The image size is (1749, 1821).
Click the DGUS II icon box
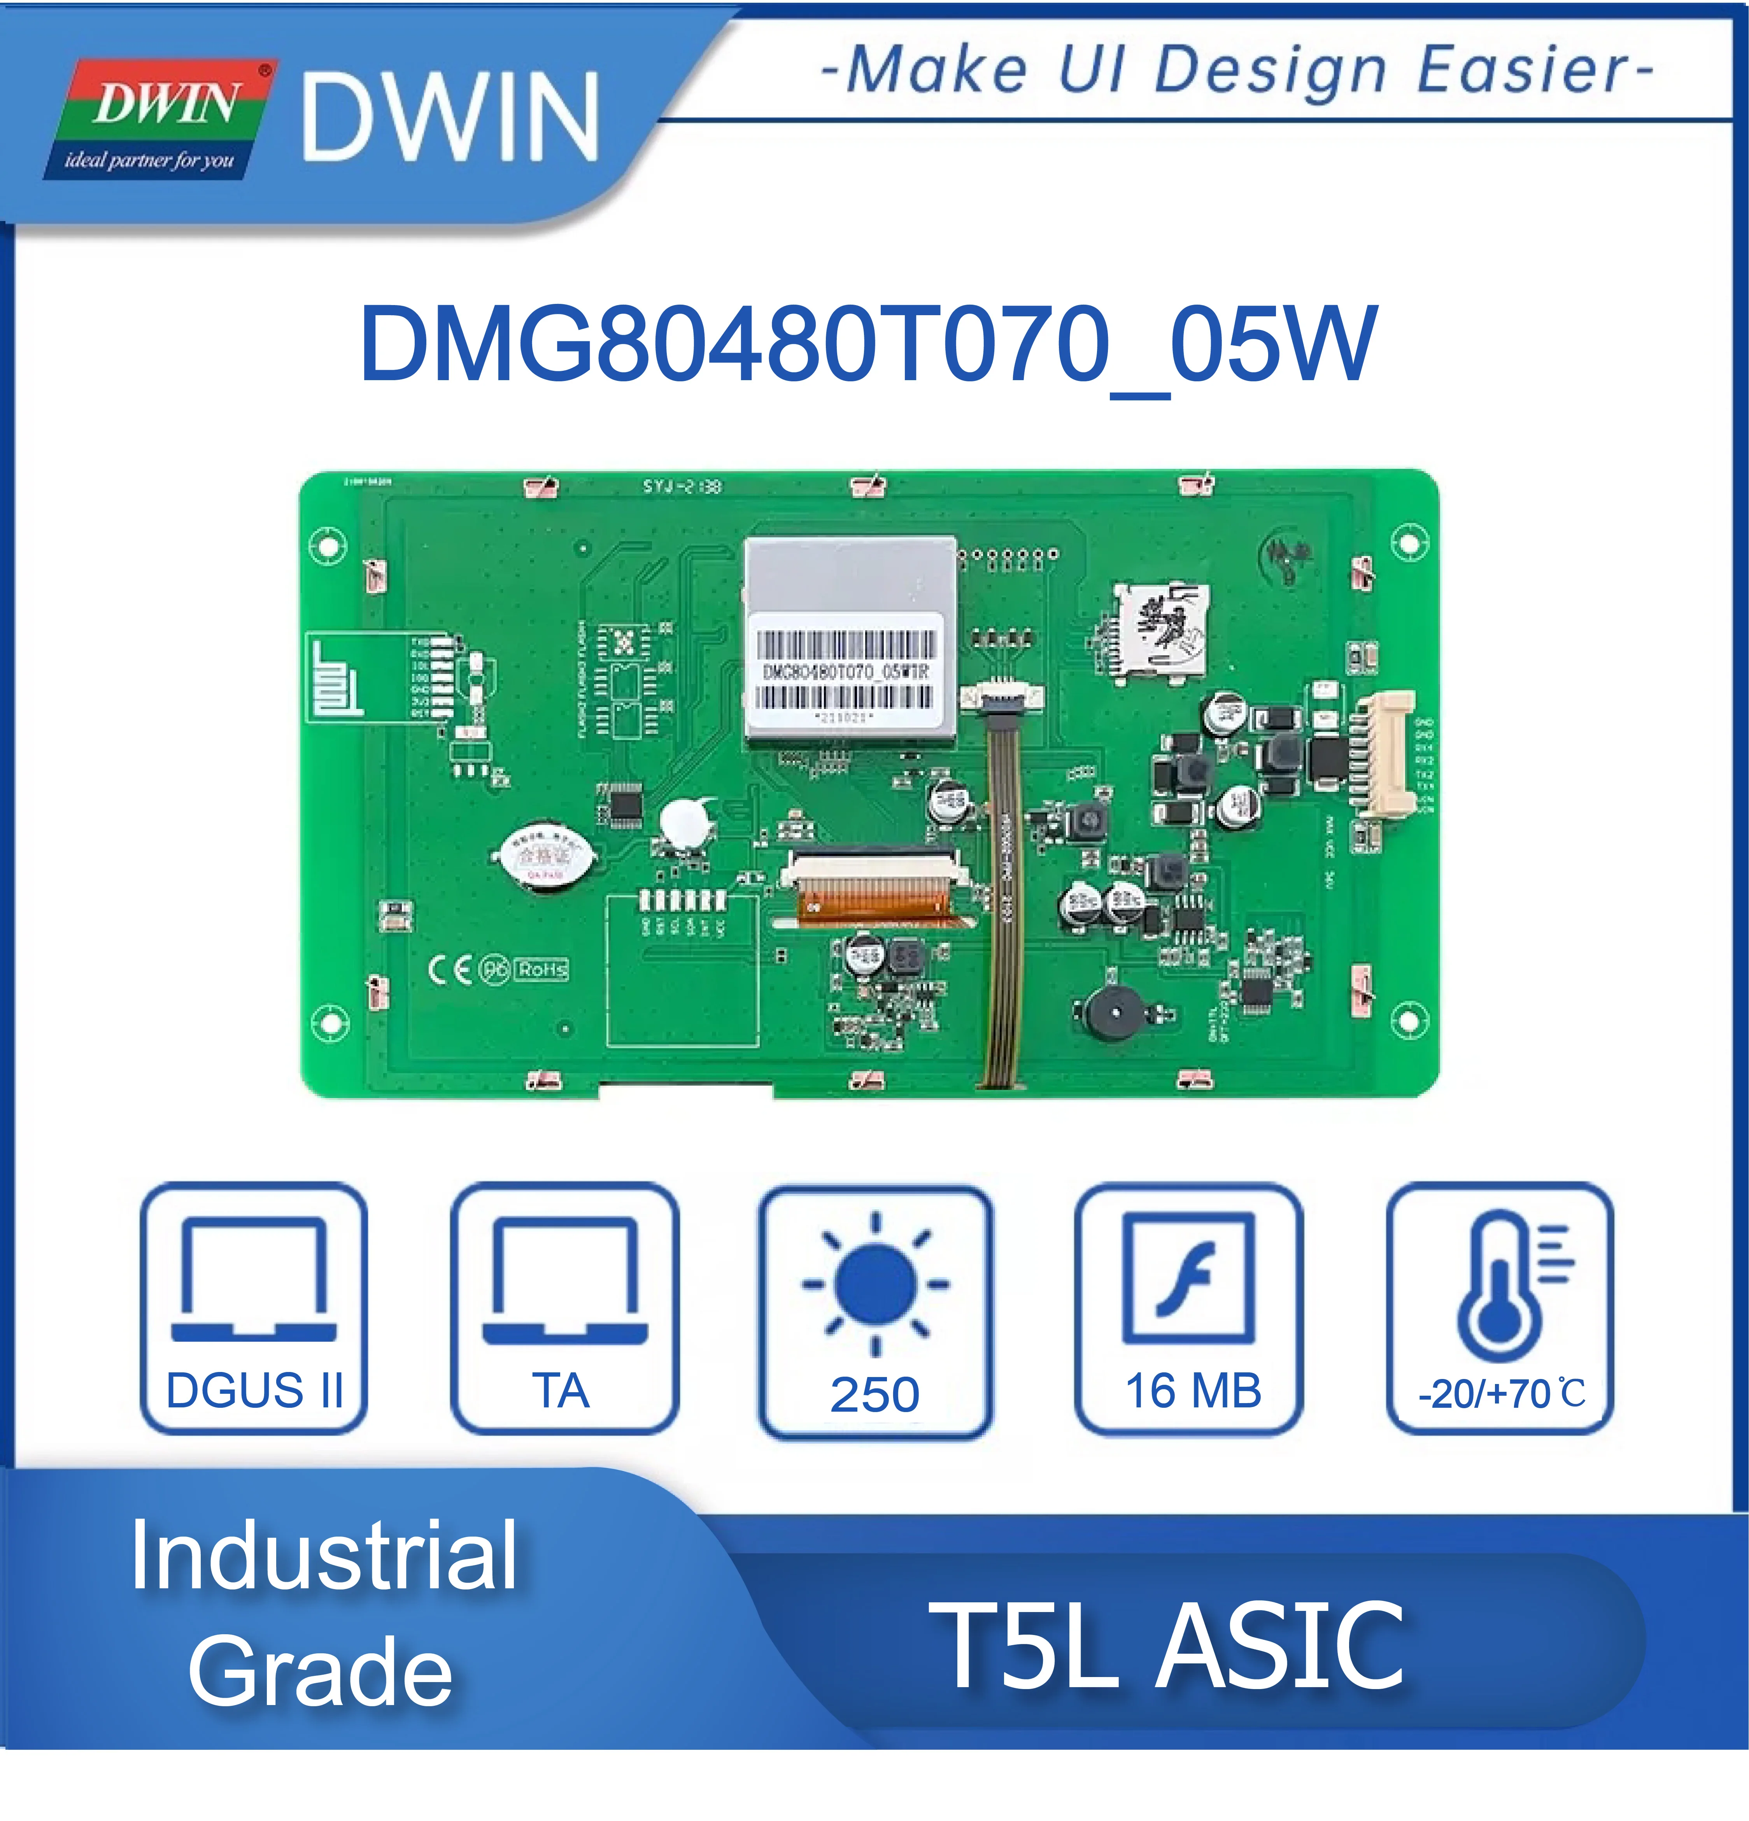click(x=254, y=1308)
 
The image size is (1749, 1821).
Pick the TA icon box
click(x=564, y=1308)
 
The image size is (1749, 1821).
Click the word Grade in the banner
click(x=321, y=1672)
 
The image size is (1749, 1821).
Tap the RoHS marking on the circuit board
click(x=542, y=969)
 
